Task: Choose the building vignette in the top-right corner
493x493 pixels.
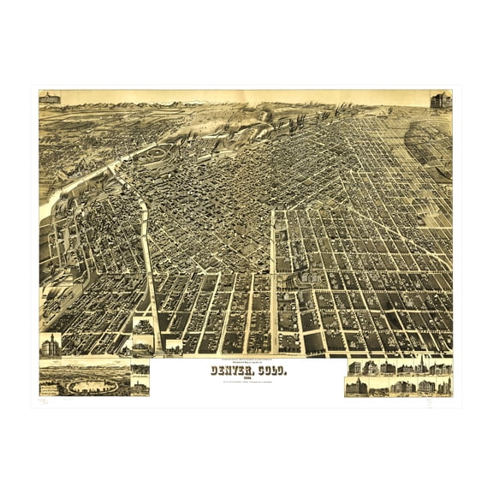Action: pos(441,99)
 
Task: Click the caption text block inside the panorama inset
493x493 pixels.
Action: pos(54,389)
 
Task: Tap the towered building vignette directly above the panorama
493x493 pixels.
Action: pos(50,345)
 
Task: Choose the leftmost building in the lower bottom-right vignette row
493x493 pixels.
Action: pos(353,387)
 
